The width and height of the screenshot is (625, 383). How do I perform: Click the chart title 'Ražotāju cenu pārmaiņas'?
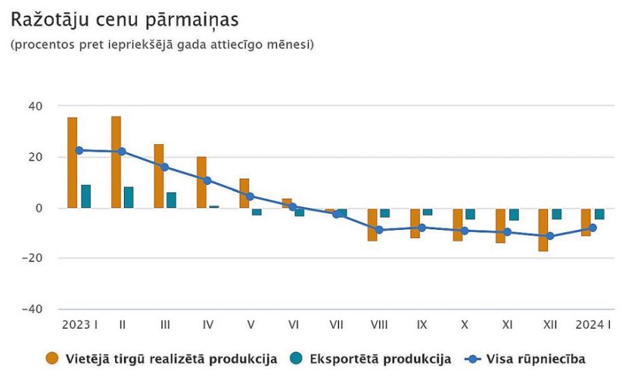124,20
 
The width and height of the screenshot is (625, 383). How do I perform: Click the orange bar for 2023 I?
72,163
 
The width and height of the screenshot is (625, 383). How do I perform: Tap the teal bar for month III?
172,200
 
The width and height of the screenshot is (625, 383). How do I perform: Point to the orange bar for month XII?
543,230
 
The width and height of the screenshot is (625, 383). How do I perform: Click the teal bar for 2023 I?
86,197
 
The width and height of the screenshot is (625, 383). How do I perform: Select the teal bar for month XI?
514,215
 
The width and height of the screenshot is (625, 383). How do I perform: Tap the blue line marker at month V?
250,196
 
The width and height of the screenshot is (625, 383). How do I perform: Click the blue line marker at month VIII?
379,230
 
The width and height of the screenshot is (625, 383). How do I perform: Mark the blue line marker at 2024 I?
593,228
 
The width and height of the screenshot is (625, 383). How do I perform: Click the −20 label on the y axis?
33,259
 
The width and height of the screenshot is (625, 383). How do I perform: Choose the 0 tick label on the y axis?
39,208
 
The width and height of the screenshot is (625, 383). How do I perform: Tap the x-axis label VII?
336,325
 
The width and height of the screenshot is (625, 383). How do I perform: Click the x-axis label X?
464,325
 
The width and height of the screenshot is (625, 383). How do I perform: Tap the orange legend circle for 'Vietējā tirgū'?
52,359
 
